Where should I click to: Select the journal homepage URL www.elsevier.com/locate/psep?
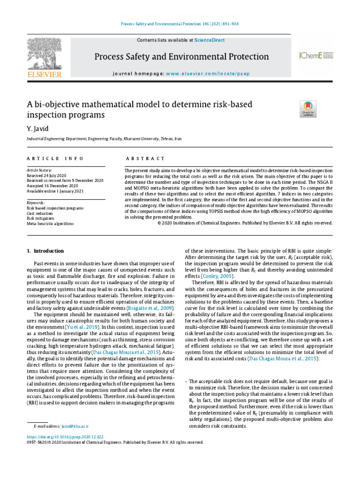click(x=208, y=74)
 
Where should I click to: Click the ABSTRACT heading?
click(x=140, y=159)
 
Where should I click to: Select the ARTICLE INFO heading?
click(x=55, y=159)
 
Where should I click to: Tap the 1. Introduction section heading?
click(x=43, y=252)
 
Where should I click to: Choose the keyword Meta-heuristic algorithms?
click(x=50, y=224)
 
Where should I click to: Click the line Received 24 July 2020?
click(x=47, y=175)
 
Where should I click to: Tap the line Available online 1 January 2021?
click(x=55, y=191)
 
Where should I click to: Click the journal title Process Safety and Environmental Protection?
click(x=182, y=57)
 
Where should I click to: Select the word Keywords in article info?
click(x=36, y=202)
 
